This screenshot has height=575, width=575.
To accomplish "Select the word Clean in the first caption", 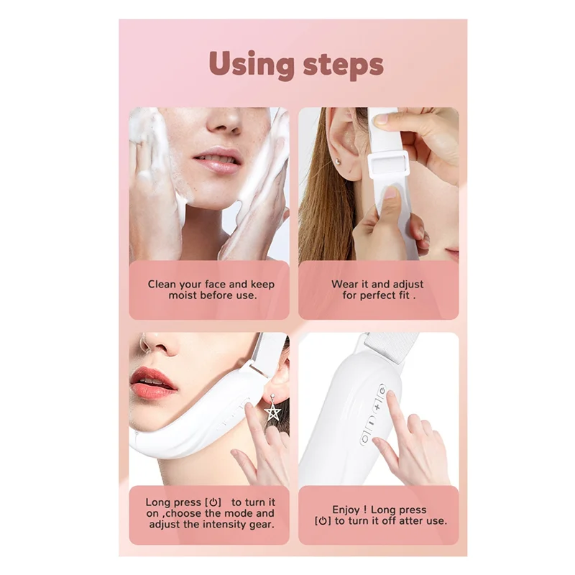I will click(x=162, y=284).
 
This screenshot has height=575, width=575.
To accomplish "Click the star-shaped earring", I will click(x=273, y=410).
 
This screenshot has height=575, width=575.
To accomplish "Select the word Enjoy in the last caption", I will click(x=346, y=510).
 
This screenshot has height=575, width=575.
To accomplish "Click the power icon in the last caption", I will click(x=323, y=521).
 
